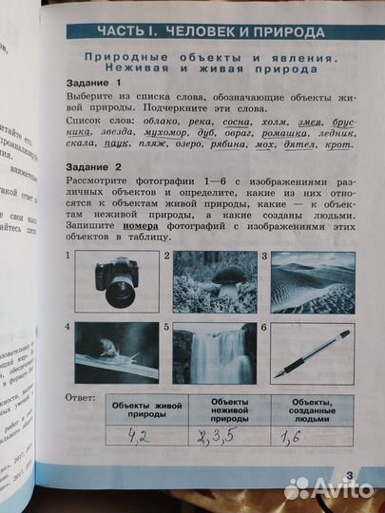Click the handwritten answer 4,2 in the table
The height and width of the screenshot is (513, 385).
(144, 437)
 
